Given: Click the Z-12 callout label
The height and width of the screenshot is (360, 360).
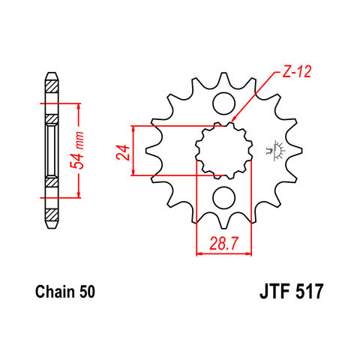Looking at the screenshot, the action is [x=297, y=72].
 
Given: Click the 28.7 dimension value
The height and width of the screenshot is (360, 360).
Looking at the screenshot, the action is [x=223, y=244].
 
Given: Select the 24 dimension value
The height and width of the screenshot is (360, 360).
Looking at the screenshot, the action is [x=123, y=152].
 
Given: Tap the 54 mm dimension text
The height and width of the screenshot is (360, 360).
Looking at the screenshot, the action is [x=76, y=149].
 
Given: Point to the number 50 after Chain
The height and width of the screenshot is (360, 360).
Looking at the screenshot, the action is [x=87, y=292].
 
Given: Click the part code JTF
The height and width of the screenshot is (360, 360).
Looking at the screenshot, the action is [x=275, y=291].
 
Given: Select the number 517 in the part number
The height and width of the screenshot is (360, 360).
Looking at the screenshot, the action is [x=310, y=291].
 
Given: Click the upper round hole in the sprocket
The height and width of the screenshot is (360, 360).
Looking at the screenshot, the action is [x=224, y=103].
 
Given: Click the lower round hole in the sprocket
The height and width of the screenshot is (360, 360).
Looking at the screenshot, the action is [x=224, y=198].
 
